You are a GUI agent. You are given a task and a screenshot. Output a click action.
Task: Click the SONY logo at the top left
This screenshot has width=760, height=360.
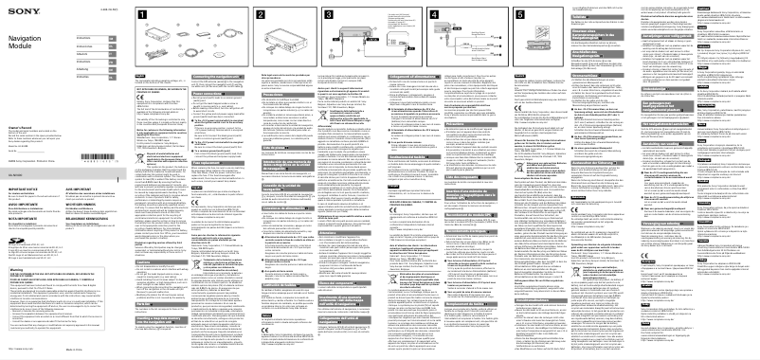point(17,8)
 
